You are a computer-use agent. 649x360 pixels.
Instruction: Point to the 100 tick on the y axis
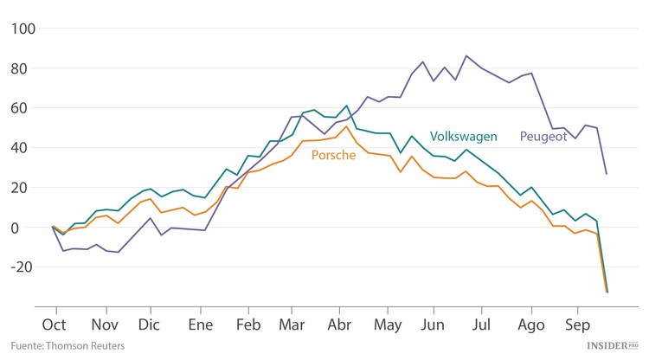[x=22, y=29]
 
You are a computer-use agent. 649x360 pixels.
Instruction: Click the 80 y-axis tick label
[x=26, y=68]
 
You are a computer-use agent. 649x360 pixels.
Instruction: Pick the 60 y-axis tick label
[x=26, y=108]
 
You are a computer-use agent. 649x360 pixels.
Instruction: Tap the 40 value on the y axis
[x=26, y=148]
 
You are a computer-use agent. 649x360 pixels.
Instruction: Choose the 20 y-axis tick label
[x=26, y=188]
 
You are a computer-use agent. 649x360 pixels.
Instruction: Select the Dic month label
[x=151, y=325]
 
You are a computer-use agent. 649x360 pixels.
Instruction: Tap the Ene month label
[x=201, y=325]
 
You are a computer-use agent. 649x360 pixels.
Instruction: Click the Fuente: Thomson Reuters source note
[x=61, y=346]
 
